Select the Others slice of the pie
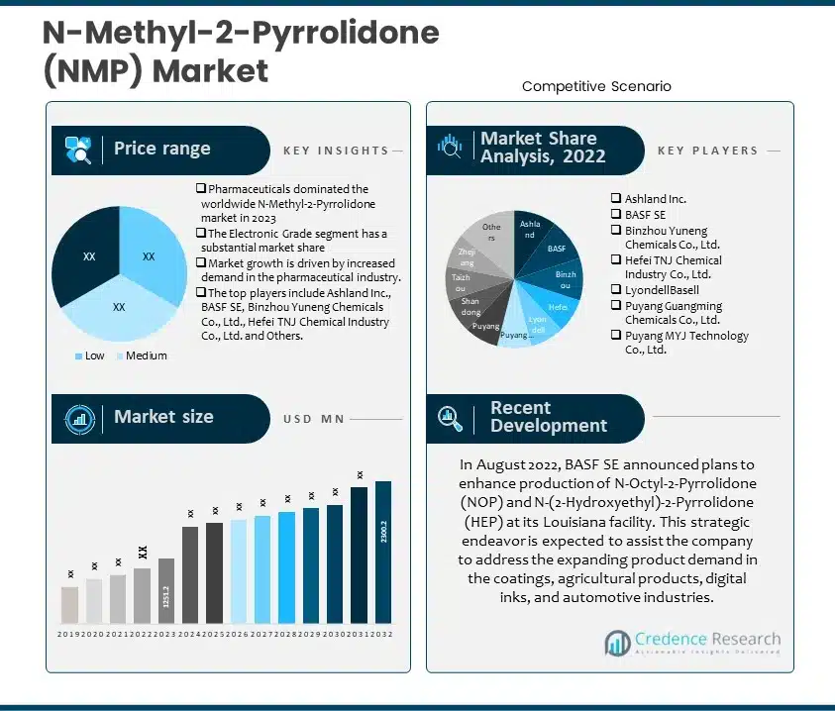point(492,234)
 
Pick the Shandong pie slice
point(470,305)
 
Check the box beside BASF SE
point(616,215)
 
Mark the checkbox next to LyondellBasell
point(616,291)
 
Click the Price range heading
point(161,149)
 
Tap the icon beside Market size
point(79,418)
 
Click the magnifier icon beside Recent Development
point(451,418)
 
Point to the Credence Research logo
point(691,643)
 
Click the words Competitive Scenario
point(596,86)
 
